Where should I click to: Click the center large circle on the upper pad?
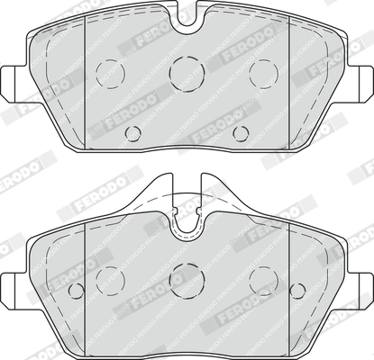click(187, 69)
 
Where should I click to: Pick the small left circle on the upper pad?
click(133, 134)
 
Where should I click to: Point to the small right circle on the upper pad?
click(240, 134)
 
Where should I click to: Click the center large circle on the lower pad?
click(187, 279)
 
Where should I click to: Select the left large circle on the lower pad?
click(111, 279)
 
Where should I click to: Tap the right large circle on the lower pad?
click(262, 279)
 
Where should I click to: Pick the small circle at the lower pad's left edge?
click(77, 290)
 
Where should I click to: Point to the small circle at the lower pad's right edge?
click(297, 290)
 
